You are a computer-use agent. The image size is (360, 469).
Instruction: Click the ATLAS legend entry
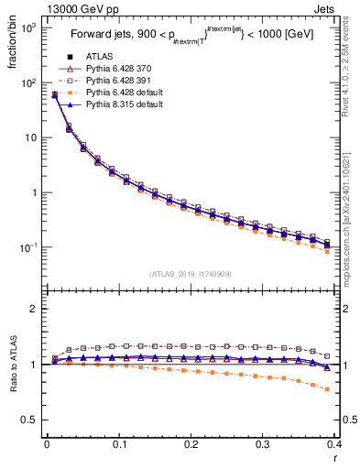coord(99,58)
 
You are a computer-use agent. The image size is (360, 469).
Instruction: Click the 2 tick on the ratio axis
coord(34,309)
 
